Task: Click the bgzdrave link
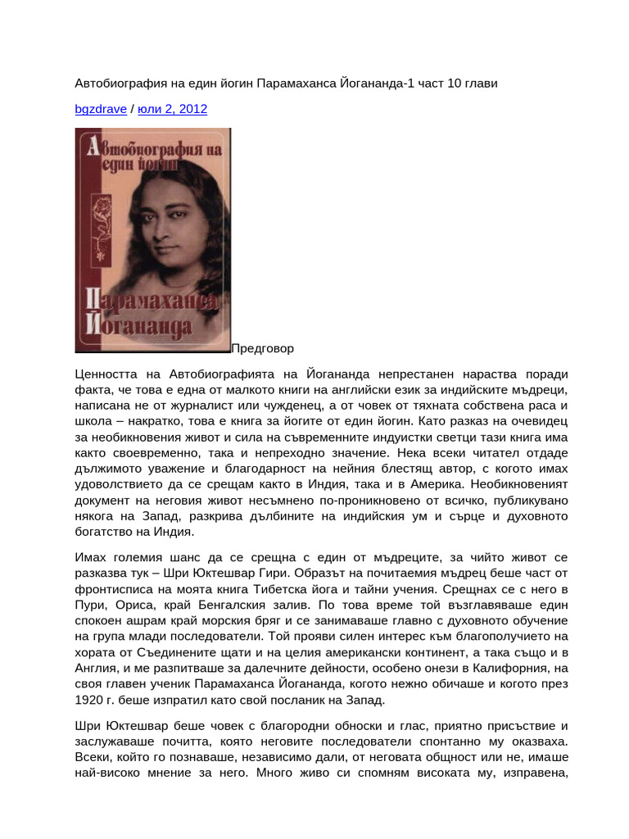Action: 99,109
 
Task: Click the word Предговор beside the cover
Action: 262,348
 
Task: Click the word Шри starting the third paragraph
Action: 89,727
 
